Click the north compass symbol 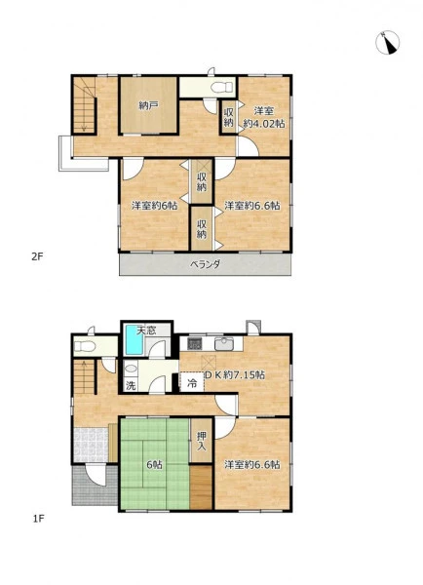tap(388, 43)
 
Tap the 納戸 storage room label tap(148, 105)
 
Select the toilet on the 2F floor tap(221, 88)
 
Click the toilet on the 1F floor tap(84, 346)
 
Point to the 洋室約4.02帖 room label tap(264, 117)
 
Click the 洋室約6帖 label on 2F tap(154, 206)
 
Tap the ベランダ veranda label tap(205, 264)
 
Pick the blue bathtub tap(135, 340)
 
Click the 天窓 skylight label tap(146, 331)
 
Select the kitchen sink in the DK tap(224, 343)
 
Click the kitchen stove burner tap(194, 343)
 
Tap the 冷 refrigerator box tap(192, 382)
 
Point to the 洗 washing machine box tap(131, 385)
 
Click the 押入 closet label tap(202, 441)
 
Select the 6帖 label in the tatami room tap(154, 465)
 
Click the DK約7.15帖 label tap(234, 374)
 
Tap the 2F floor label tap(38, 256)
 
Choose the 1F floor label tap(38, 519)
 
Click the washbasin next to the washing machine tap(131, 369)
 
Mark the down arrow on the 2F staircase tap(84, 109)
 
